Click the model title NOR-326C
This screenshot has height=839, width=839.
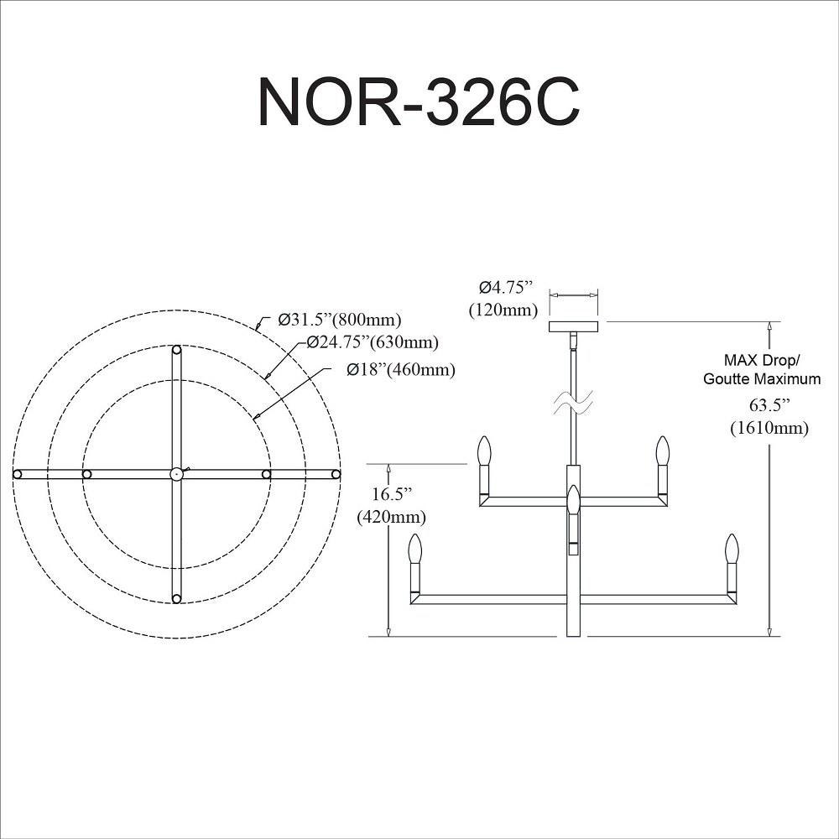point(419,102)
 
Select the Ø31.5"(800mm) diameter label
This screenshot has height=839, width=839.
point(339,320)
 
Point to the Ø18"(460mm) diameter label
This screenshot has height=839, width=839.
point(401,369)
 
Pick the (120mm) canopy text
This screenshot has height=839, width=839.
point(503,310)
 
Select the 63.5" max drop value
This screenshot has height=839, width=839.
point(769,405)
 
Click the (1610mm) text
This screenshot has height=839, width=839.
point(769,428)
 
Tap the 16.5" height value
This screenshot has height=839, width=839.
point(391,494)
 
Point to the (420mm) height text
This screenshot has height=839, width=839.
point(391,516)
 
